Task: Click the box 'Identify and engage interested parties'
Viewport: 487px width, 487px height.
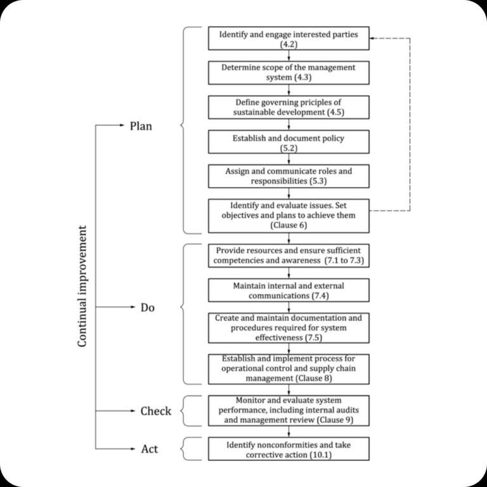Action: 289,38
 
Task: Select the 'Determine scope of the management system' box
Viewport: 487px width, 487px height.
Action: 289,72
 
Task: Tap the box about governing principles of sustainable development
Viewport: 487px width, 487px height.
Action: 289,107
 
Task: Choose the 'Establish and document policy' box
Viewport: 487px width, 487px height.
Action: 289,141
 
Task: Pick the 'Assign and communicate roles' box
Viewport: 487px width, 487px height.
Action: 289,176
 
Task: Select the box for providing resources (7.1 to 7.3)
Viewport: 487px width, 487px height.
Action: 289,255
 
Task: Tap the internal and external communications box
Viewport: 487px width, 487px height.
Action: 289,290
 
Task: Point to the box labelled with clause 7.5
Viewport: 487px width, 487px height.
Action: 289,327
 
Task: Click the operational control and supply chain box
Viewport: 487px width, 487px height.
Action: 289,368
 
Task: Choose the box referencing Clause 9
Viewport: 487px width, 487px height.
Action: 289,410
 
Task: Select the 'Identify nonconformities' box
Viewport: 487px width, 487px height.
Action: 289,449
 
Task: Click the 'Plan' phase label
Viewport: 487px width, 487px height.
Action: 141,126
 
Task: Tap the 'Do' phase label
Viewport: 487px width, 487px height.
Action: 148,308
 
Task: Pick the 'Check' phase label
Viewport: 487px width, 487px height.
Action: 155,412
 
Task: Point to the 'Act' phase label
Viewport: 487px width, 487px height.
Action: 149,449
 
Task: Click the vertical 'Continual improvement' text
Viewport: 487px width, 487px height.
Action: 82,285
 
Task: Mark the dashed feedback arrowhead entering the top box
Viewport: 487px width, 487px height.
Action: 373,38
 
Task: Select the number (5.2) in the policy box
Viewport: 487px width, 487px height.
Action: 289,147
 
